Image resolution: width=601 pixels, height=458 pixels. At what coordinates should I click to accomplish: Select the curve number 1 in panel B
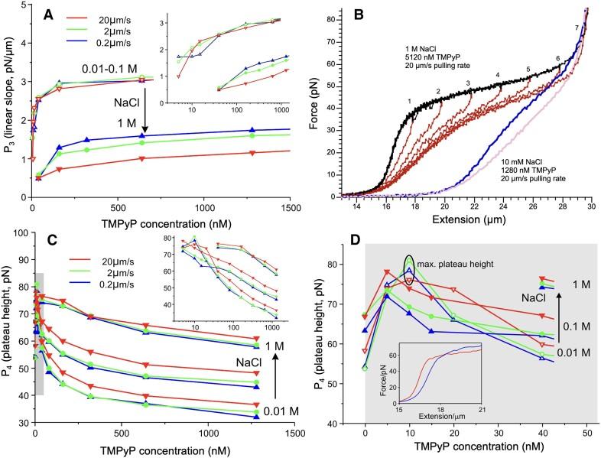(410, 100)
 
